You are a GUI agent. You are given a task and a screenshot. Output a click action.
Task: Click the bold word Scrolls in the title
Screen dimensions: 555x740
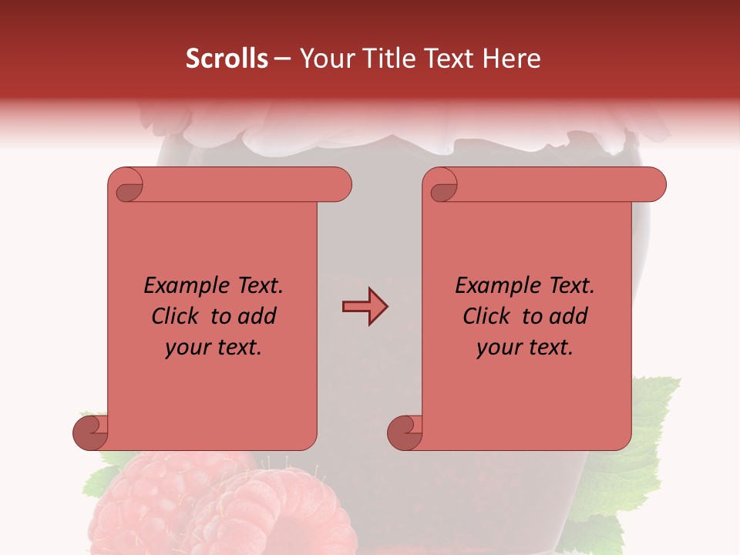(x=227, y=59)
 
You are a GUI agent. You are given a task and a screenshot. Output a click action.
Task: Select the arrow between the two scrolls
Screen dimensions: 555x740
(x=365, y=307)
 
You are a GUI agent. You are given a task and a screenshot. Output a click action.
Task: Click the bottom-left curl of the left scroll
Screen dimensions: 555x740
(x=90, y=432)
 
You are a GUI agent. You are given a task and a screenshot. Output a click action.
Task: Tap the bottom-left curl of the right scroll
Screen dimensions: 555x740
(x=405, y=432)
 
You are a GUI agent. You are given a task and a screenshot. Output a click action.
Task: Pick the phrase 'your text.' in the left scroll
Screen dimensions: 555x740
(x=214, y=347)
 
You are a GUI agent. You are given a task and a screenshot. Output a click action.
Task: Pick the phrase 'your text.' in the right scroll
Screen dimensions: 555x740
(x=525, y=347)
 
